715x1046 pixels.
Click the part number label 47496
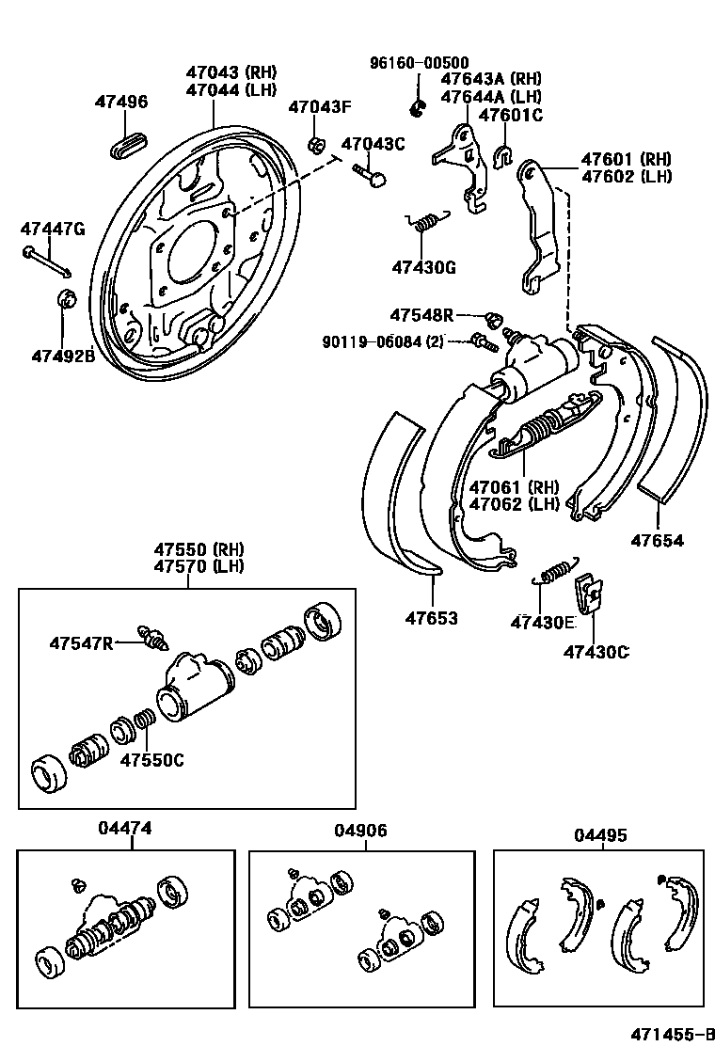(x=120, y=102)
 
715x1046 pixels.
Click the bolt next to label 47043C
(x=371, y=175)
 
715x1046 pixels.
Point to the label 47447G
(x=53, y=229)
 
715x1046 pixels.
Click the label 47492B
(x=63, y=356)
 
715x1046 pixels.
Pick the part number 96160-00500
(x=419, y=63)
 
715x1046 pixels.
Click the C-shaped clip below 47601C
(x=502, y=151)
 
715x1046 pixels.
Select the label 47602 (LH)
(x=625, y=176)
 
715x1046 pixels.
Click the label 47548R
(x=422, y=314)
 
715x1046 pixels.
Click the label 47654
(x=657, y=541)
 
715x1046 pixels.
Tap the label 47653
(x=432, y=618)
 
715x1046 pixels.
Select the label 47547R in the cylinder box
(x=81, y=642)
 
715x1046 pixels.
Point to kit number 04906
(x=360, y=832)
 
